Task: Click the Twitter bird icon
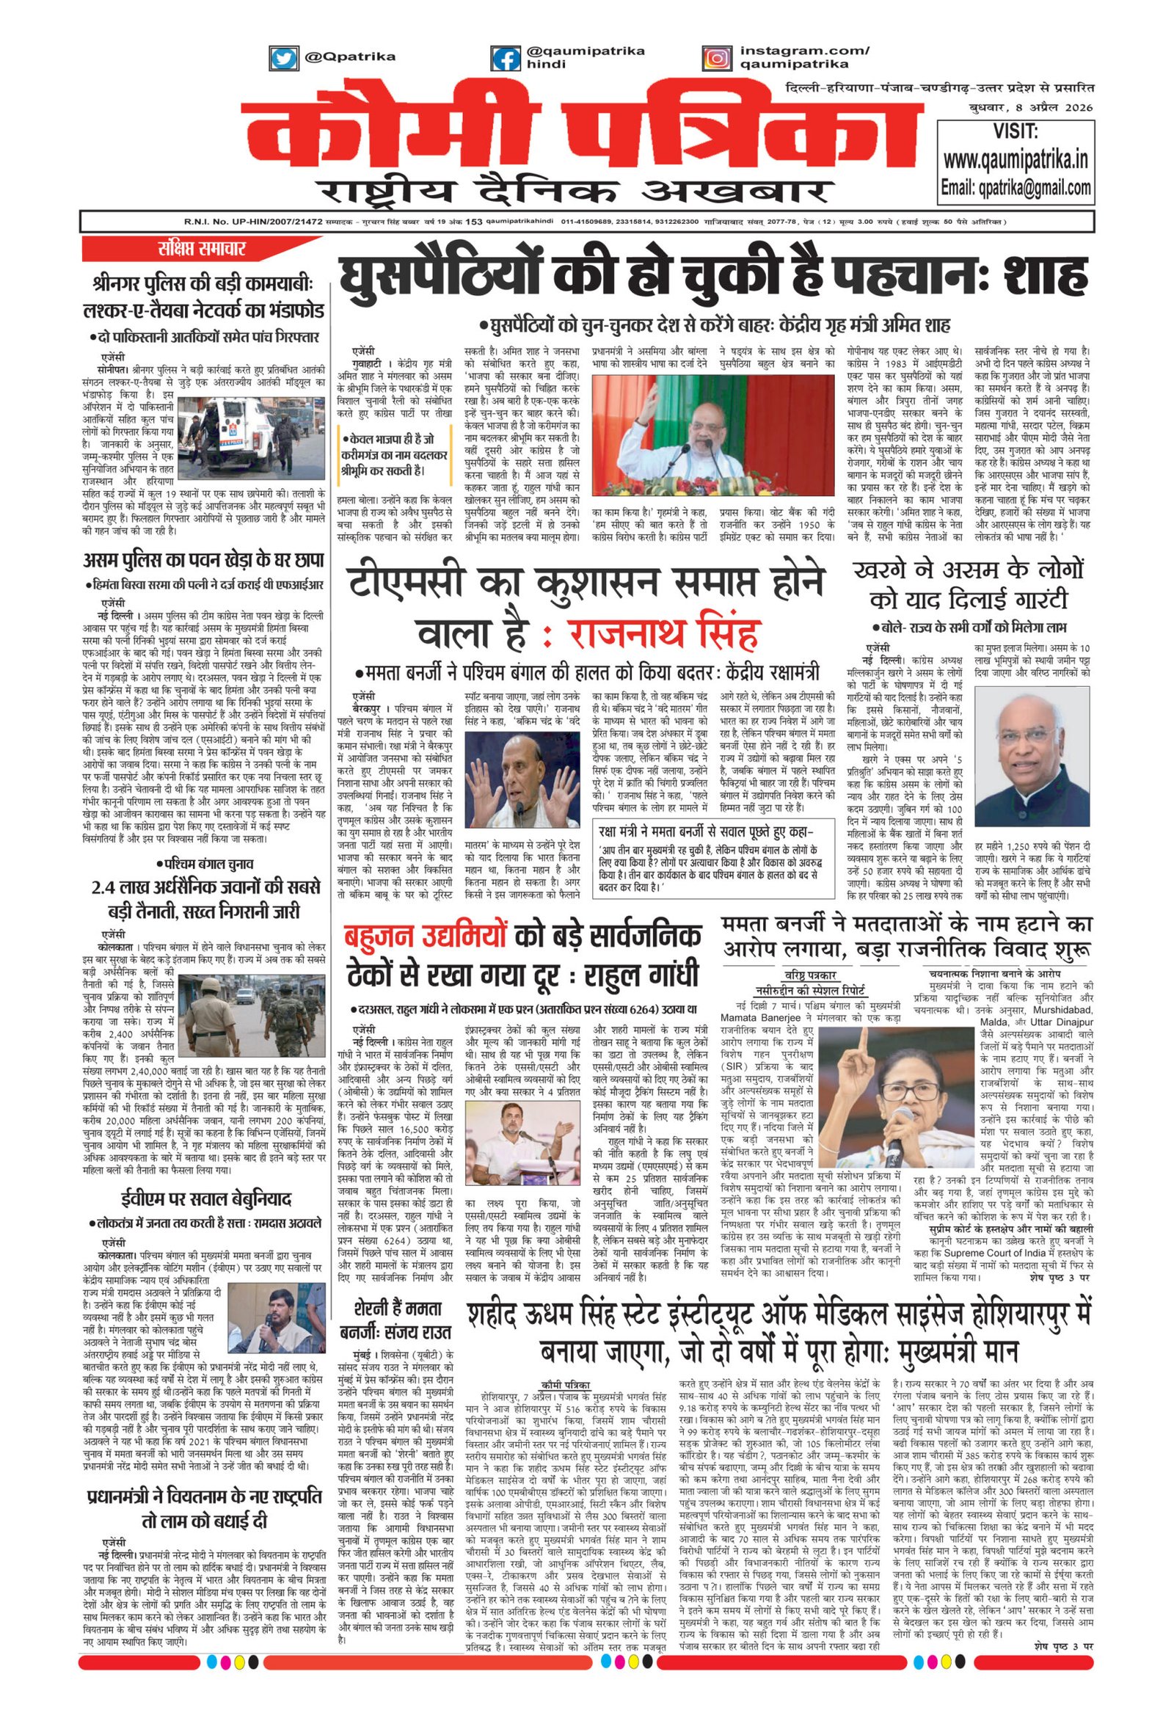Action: [282, 58]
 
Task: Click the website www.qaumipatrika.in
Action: [1016, 160]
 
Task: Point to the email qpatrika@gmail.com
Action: [1016, 188]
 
